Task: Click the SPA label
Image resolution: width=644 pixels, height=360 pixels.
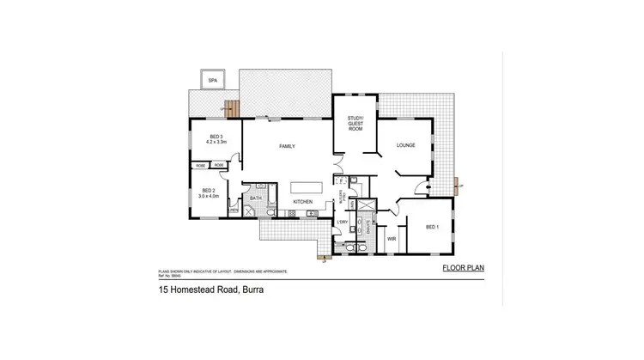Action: [x=211, y=80]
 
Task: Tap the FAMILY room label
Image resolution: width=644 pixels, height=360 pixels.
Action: [x=288, y=146]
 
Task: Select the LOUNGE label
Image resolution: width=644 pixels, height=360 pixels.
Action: [x=406, y=145]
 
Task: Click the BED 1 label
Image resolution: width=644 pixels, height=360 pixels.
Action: [x=433, y=227]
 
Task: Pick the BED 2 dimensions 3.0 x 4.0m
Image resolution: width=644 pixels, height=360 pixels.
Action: [x=210, y=196]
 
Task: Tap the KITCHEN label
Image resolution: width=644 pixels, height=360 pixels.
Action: [x=302, y=202]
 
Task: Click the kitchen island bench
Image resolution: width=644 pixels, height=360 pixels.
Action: [x=306, y=187]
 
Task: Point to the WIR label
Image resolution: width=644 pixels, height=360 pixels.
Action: [x=392, y=238]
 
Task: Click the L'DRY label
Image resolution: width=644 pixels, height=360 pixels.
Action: [x=343, y=223]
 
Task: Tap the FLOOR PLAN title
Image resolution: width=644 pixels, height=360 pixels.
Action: [x=463, y=268]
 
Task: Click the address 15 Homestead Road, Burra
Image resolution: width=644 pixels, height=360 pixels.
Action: [x=210, y=290]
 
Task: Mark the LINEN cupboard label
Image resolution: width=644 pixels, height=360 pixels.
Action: [x=233, y=211]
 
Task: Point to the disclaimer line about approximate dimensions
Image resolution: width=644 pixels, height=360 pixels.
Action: [x=222, y=271]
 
